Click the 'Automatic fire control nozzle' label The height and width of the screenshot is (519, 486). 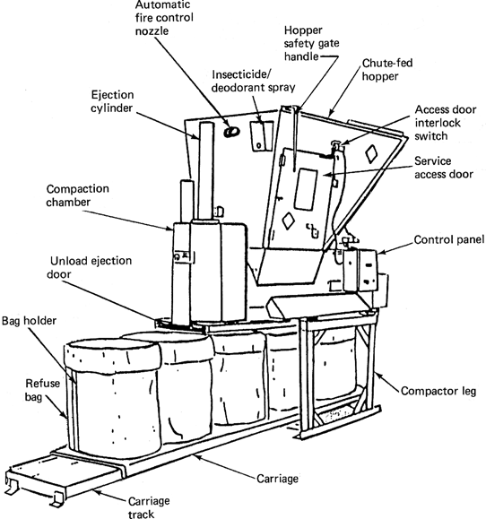coord(164,18)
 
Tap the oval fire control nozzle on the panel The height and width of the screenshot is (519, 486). coord(231,132)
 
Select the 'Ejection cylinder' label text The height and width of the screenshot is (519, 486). coord(112,101)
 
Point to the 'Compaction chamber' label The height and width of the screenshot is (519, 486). coord(77,195)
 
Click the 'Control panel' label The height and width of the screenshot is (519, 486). coord(449,239)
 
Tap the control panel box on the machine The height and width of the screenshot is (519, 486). coord(360,271)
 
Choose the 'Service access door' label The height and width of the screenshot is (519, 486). coord(444,168)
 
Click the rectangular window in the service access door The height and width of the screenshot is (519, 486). coord(305,189)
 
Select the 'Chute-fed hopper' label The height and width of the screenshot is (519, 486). coord(387,70)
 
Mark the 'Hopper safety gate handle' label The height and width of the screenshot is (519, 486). coord(311,43)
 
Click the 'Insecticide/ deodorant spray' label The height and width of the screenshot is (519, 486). coord(253,81)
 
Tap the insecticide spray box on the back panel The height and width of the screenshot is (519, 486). coord(258,136)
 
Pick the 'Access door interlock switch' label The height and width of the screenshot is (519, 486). coord(446,123)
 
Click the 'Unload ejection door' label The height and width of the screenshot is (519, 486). coord(90,267)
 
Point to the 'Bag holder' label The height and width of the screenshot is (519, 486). coord(29,320)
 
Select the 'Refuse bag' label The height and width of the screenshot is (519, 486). coord(42,390)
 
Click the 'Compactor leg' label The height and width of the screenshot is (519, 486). coord(438,391)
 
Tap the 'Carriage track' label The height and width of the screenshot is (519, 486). coord(149,507)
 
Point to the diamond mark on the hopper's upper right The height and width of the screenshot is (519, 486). coord(371,154)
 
